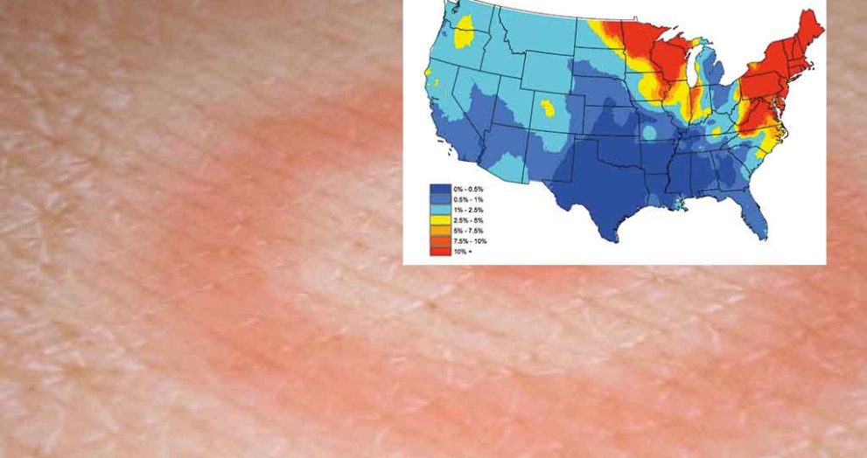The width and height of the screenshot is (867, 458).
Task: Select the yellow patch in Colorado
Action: point(549,109)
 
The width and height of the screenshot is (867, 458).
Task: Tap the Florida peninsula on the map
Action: point(759,219)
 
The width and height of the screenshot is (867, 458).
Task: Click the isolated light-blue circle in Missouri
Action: point(649,133)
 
